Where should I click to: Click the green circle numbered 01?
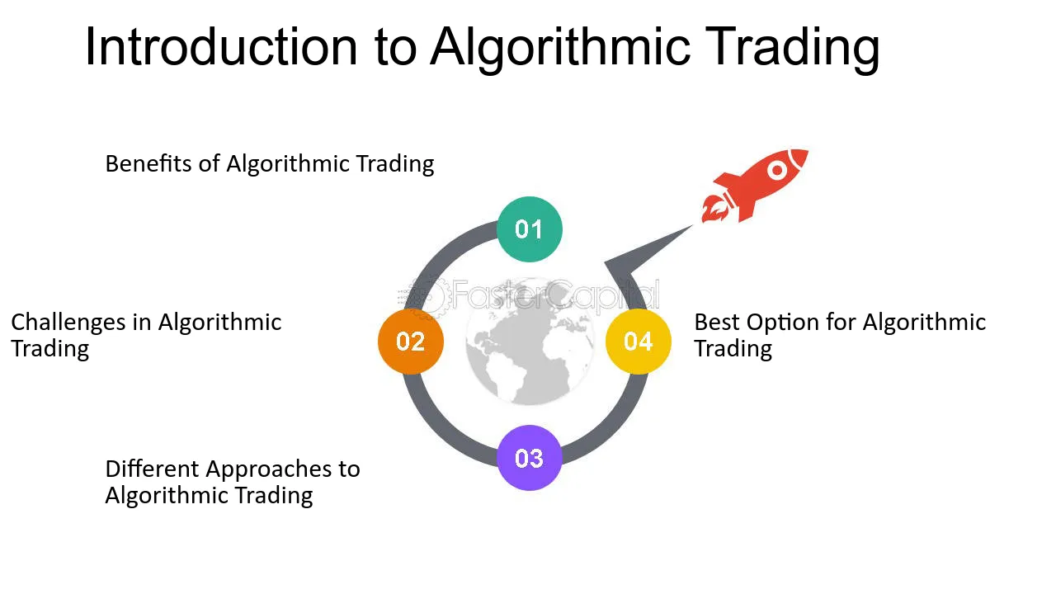[x=530, y=229]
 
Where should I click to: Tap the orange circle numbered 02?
[x=411, y=342]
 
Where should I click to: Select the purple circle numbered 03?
[x=530, y=458]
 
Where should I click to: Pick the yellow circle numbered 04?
[x=639, y=342]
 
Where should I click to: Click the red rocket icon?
[x=754, y=186]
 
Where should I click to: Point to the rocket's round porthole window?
[x=777, y=170]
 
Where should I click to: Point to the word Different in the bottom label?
[x=153, y=469]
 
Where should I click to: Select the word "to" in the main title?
[x=396, y=49]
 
